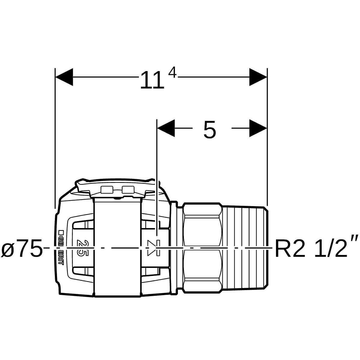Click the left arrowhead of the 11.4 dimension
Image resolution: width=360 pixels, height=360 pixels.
64,77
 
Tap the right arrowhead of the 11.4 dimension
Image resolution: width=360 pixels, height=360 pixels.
258,77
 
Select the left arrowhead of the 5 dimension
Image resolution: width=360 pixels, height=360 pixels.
166,128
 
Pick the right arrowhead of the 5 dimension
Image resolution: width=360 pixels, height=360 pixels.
258,128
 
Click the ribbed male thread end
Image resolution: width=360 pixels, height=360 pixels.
245,247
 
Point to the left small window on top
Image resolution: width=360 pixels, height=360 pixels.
106,189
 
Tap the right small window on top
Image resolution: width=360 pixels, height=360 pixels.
127,189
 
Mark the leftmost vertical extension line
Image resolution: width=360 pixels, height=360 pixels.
55,138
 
